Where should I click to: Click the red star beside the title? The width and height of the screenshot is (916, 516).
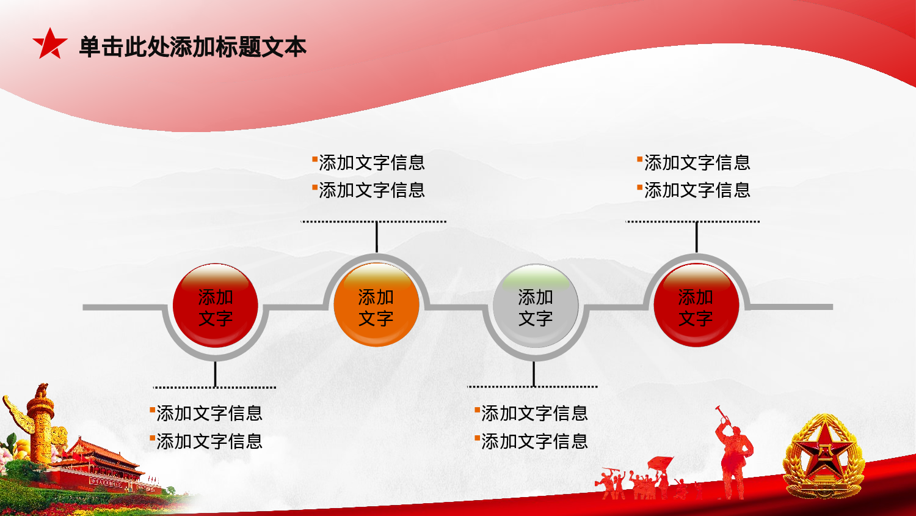coord(49,45)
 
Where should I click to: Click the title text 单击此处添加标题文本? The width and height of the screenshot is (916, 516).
coord(192,47)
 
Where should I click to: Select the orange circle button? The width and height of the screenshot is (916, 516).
coord(376,306)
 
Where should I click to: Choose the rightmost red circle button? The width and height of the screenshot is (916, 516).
coord(696,306)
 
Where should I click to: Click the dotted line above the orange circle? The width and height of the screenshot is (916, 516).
coord(374,221)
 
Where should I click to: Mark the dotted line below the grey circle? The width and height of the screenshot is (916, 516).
coord(532,386)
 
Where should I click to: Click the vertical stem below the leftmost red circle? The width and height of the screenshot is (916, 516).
coord(215,374)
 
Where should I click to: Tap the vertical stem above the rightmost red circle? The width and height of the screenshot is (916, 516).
coord(696,237)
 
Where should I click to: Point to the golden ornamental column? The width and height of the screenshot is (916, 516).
coord(41,428)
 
